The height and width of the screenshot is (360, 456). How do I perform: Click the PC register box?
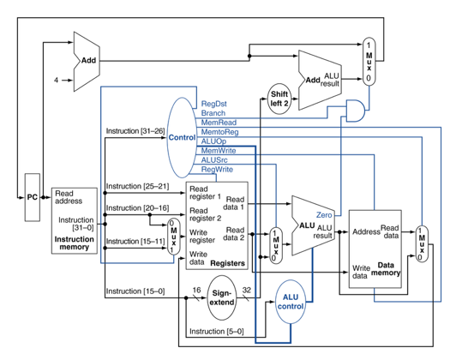coord(32,197)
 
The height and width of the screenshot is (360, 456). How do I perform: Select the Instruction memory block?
coord(75,220)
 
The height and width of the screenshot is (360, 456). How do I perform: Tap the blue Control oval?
coord(182,137)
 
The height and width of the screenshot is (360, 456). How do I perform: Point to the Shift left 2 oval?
coord(279,98)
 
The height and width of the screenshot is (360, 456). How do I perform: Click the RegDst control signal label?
coord(213,104)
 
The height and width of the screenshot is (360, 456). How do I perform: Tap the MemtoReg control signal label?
coord(219,132)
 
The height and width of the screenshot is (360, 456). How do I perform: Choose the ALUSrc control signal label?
coord(214,160)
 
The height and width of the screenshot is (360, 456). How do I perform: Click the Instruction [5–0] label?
coord(216,331)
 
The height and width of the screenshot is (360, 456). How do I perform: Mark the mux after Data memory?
coord(422,244)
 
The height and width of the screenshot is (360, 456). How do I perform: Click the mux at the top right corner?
coord(369,60)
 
